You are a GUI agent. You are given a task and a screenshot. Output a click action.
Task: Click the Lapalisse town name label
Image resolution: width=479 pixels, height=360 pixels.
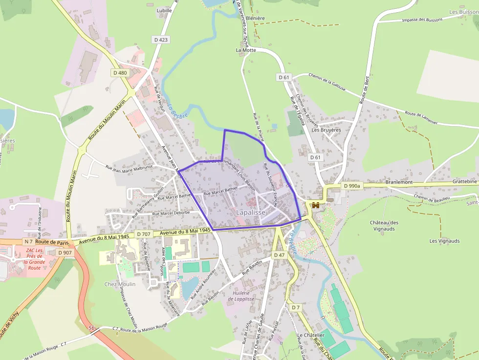tap(251, 212)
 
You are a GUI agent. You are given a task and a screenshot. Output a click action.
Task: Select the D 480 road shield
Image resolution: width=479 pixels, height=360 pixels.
tap(120, 73)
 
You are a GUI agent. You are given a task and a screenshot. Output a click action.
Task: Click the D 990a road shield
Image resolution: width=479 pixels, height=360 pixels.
tap(351, 186)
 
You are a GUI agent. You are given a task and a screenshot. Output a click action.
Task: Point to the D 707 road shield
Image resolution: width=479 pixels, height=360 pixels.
tap(144, 234)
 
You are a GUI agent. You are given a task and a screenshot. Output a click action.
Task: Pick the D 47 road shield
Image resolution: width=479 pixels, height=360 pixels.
tap(279, 255)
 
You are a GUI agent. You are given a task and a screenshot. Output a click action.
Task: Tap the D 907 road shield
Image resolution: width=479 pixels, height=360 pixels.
tap(65, 253)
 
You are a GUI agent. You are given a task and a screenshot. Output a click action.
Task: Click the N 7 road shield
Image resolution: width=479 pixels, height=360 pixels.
tap(28, 242)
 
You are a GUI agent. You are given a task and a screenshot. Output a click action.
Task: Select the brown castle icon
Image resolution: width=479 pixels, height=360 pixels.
tap(316, 205)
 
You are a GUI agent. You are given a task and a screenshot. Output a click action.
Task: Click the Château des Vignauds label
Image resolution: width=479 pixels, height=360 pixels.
tap(384, 226)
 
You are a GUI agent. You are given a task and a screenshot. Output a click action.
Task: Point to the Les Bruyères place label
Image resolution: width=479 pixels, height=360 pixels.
tap(326, 130)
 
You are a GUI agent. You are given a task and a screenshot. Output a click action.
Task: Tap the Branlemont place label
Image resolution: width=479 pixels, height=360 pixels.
tap(399, 182)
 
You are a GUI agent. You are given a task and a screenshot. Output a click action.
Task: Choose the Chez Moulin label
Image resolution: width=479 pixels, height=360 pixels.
tap(120, 284)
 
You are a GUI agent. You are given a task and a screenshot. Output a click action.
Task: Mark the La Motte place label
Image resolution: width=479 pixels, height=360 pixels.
tap(246, 50)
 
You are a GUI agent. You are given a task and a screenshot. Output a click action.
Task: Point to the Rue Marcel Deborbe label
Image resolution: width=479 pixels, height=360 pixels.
tap(171, 213)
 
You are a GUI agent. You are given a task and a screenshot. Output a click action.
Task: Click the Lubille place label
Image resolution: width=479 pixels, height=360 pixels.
tap(164, 10)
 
